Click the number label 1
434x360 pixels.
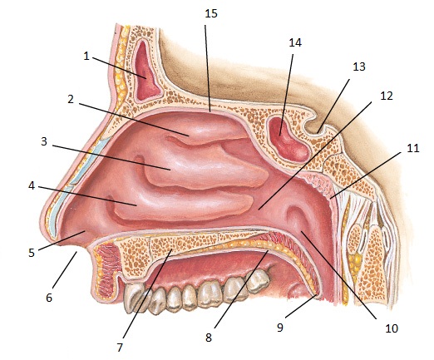pyautogui.click(x=86, y=57)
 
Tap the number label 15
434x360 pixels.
pyautogui.click(x=211, y=13)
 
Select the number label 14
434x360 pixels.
pyautogui.click(x=295, y=42)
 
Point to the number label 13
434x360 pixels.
pyautogui.click(x=359, y=67)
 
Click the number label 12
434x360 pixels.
pyautogui.click(x=387, y=96)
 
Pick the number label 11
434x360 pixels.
pyautogui.click(x=412, y=148)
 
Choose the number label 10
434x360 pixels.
pyautogui.click(x=392, y=328)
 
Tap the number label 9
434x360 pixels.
pyautogui.click(x=280, y=328)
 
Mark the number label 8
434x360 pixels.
pyautogui.click(x=209, y=338)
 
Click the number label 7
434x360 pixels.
pyautogui.click(x=120, y=348)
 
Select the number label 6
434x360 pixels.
pyautogui.click(x=49, y=298)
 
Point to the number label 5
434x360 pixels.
pyautogui.click(x=32, y=253)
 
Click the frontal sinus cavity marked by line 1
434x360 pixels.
pyautogui.click(x=145, y=72)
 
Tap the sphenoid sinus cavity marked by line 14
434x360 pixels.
pyautogui.click(x=289, y=140)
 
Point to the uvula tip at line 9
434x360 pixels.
pyautogui.click(x=318, y=296)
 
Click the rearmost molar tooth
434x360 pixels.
pyautogui.click(x=258, y=280)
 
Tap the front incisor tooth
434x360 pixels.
pyautogui.click(x=135, y=298)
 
